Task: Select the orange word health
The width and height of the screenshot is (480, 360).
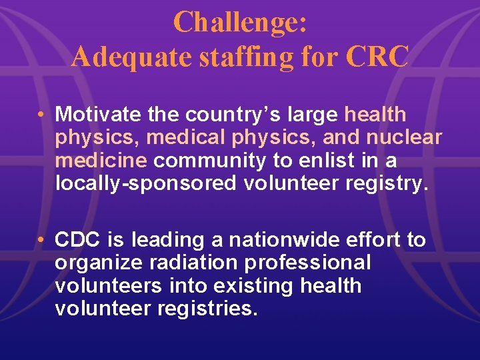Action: (x=375, y=114)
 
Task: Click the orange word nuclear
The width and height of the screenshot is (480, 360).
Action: (x=402, y=137)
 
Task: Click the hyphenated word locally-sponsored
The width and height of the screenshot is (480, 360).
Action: (x=145, y=183)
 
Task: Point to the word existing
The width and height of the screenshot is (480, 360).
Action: (x=253, y=286)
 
